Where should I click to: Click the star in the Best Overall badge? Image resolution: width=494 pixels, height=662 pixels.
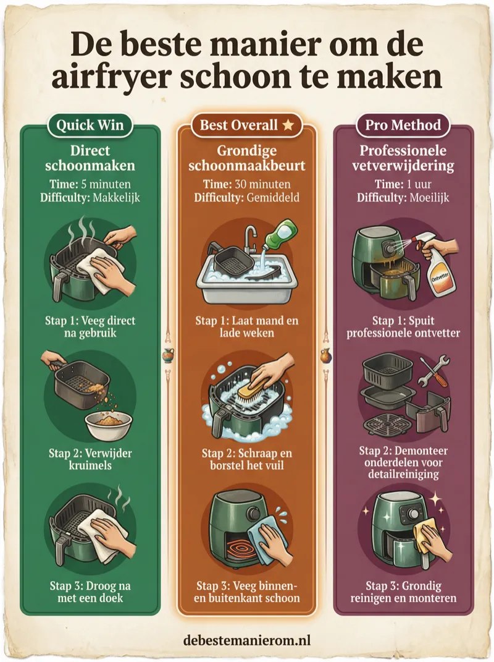(x=288, y=125)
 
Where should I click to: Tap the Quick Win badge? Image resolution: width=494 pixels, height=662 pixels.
(x=90, y=125)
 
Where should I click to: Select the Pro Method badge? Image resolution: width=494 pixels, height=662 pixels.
(x=403, y=125)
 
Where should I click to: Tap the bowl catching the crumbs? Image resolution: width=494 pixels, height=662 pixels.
(x=109, y=425)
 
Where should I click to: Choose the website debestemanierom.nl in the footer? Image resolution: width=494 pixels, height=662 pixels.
(x=247, y=640)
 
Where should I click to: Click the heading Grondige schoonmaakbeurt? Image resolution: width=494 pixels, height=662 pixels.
(x=247, y=158)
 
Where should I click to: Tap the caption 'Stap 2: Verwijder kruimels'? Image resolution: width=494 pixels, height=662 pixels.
(x=90, y=459)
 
